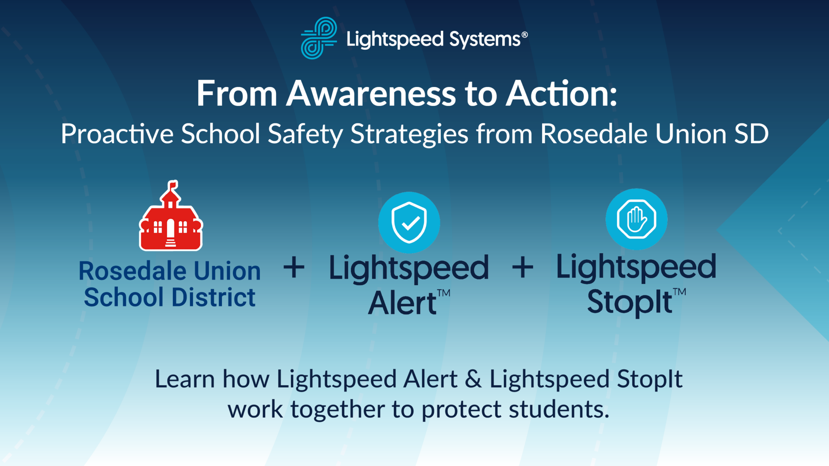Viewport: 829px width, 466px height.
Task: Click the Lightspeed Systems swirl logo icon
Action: (x=319, y=38)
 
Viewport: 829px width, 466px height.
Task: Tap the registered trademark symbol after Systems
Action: (x=525, y=35)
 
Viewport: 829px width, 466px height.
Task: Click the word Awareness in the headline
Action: (x=371, y=94)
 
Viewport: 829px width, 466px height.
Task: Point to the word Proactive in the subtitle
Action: (x=117, y=134)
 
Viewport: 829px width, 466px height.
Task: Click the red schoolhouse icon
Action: (x=171, y=218)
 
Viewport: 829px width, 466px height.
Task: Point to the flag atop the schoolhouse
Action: (x=173, y=185)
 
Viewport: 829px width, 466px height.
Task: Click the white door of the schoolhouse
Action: (x=171, y=228)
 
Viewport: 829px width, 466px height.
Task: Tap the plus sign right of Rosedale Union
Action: (x=294, y=267)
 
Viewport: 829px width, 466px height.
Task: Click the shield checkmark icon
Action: (x=409, y=222)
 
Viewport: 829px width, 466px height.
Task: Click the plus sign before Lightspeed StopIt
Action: (x=523, y=267)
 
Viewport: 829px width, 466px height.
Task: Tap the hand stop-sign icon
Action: (x=636, y=219)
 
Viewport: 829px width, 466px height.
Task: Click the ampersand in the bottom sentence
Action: (x=473, y=379)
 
